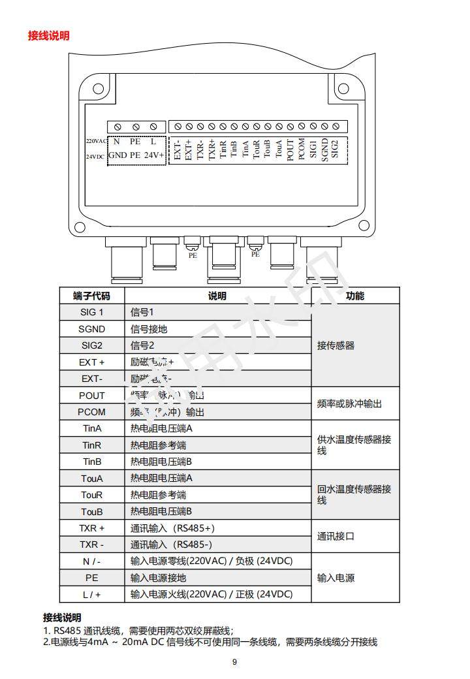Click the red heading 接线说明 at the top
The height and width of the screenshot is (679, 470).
click(48, 35)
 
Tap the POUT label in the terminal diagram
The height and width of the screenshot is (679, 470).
click(290, 149)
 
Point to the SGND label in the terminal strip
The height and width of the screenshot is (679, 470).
click(324, 150)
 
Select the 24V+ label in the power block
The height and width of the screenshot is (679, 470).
click(154, 155)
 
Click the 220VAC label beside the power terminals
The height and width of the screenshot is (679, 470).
click(96, 141)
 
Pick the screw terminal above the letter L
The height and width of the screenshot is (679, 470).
click(153, 127)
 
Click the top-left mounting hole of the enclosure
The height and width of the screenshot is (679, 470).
click(98, 89)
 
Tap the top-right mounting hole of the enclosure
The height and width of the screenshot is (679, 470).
click(354, 89)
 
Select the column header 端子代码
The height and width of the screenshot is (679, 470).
click(91, 296)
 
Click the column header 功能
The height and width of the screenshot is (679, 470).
click(355, 296)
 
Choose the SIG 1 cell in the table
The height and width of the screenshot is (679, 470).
click(91, 312)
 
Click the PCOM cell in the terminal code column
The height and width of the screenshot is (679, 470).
click(91, 412)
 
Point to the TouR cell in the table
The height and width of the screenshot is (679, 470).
click(91, 495)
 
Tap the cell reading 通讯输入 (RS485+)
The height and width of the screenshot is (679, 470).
click(172, 528)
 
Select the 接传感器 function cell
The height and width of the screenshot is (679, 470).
click(336, 345)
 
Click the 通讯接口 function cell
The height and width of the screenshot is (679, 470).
click(336, 536)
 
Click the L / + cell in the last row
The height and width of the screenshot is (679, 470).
click(91, 594)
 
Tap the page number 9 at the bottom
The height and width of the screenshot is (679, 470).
click(235, 662)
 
